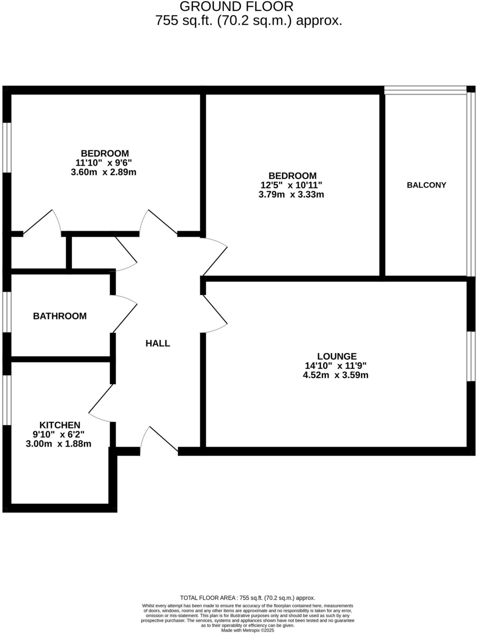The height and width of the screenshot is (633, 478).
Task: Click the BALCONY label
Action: click(x=426, y=185)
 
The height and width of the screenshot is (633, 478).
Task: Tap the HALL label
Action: click(x=158, y=343)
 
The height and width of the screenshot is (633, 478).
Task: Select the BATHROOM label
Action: click(x=60, y=316)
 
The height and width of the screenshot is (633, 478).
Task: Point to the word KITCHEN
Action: click(x=60, y=425)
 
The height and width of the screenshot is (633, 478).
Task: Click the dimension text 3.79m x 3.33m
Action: click(x=291, y=195)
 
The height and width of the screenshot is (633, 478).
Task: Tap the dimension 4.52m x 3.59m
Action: click(x=336, y=375)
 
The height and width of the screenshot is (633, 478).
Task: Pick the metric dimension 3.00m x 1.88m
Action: click(x=59, y=444)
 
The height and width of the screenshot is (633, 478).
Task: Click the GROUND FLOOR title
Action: click(x=236, y=6)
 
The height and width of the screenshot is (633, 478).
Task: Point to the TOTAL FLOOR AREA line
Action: click(x=247, y=598)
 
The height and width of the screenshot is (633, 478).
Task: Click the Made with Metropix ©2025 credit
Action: click(x=247, y=630)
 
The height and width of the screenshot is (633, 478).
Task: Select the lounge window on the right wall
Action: click(x=471, y=356)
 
